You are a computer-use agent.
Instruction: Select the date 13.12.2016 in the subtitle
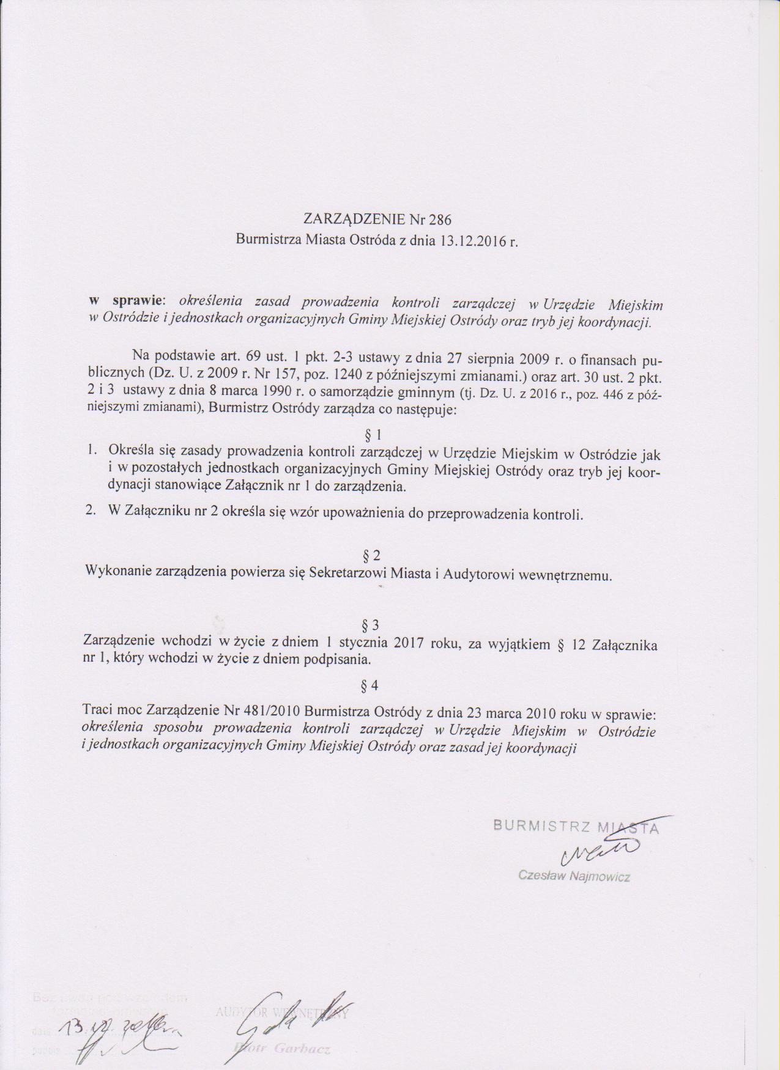click(467, 240)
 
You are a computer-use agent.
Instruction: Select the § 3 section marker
click(371, 625)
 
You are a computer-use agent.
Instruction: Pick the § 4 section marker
click(370, 685)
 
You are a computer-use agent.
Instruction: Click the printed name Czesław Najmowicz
click(574, 876)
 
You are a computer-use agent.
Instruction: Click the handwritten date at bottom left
click(120, 1026)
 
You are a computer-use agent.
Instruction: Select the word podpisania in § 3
click(340, 660)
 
